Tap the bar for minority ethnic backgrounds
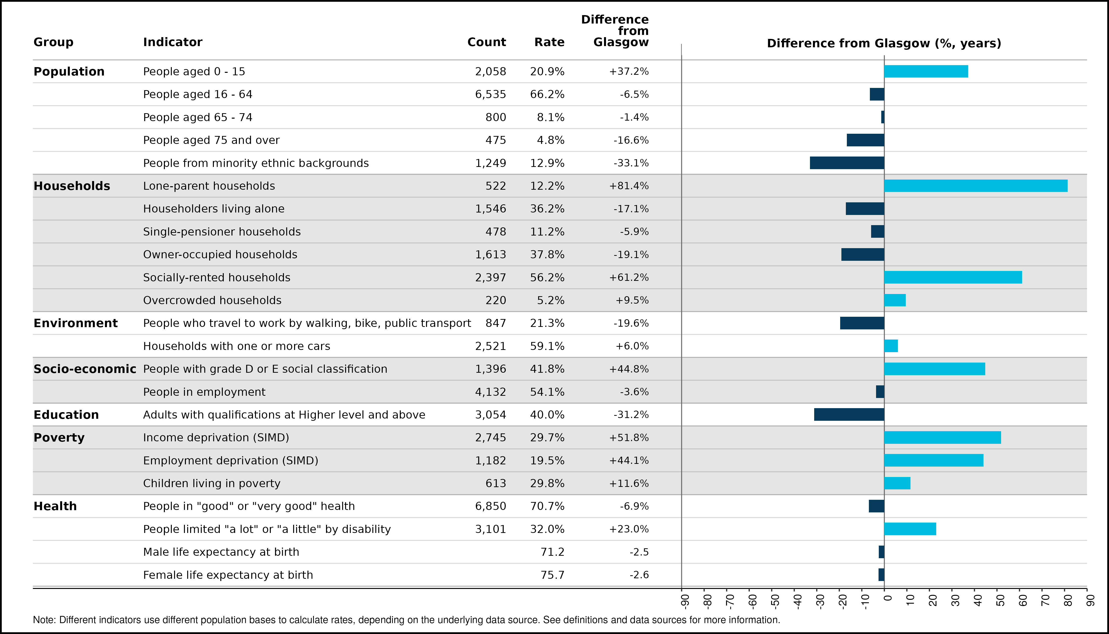tap(847, 163)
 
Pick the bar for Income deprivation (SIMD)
tap(942, 438)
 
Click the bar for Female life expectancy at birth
tap(881, 575)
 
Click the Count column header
tap(487, 42)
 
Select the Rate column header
tap(549, 42)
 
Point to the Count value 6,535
tap(491, 95)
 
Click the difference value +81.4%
tap(629, 186)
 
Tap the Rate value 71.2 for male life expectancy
tap(552, 552)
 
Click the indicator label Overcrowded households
tap(212, 300)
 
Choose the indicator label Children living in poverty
tap(212, 484)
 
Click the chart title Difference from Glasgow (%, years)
tap(884, 44)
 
